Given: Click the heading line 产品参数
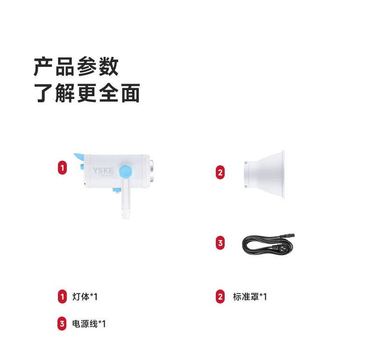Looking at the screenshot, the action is tap(76, 67).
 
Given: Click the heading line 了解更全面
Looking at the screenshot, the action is tap(87, 93).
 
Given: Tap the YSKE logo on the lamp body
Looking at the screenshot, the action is tap(103, 170).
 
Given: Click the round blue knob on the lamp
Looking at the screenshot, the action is tap(126, 171).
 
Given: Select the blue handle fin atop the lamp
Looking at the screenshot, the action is tap(79, 156).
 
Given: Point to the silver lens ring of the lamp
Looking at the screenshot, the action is tap(152, 171).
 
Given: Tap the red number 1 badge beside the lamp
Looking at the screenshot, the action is tap(63, 168).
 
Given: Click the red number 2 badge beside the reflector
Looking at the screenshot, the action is tap(220, 172).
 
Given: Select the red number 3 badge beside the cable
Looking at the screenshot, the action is tap(220, 243).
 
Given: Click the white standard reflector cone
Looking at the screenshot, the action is tap(264, 174).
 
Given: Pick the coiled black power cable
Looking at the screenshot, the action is tap(268, 244).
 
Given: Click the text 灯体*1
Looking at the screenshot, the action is tap(85, 296).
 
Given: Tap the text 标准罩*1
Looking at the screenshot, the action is tap(250, 296).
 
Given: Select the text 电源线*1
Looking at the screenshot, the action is tap(89, 324).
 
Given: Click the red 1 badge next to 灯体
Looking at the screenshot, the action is tap(63, 296).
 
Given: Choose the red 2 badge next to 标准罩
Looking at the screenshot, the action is tap(220, 296).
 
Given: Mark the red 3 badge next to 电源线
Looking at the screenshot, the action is tap(62, 324).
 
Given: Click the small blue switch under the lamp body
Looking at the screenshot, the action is tap(116, 190).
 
